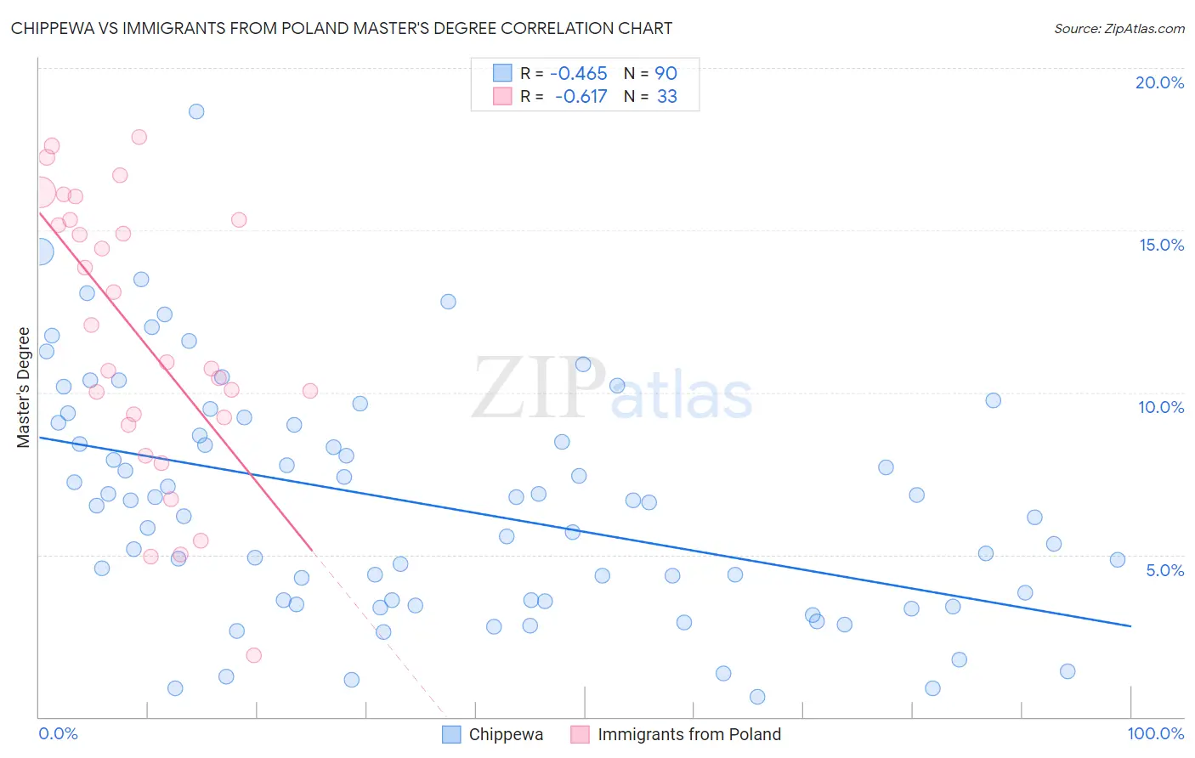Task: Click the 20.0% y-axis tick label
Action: tap(1159, 82)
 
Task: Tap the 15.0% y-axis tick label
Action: tap(1161, 245)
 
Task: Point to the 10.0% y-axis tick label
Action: tap(1161, 407)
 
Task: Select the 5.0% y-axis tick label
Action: tap(1164, 570)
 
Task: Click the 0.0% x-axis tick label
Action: tap(58, 733)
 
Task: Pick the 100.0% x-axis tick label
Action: tap(1155, 733)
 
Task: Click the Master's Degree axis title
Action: tap(24, 387)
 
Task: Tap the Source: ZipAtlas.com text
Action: tap(1119, 29)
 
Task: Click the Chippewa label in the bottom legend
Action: tap(506, 734)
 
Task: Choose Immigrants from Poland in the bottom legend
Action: tap(688, 734)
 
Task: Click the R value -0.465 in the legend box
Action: tap(578, 74)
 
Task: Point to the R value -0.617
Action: tap(581, 97)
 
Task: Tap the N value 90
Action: tap(665, 74)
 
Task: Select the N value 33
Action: tap(666, 97)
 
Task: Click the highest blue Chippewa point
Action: tap(196, 111)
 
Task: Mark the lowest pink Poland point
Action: tap(253, 655)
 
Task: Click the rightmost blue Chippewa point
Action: tap(1118, 559)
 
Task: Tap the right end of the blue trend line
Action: tap(1130, 626)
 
